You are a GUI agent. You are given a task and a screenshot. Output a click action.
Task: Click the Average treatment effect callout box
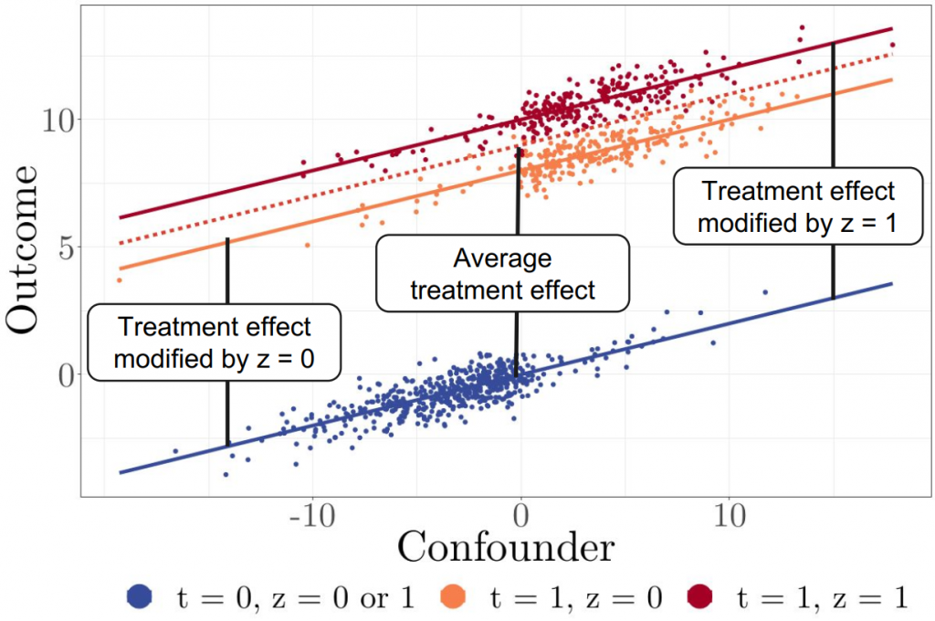pos(503,274)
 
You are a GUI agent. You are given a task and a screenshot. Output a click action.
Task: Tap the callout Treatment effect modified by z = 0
pos(215,342)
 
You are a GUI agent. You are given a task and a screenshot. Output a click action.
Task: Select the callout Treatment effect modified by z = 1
pos(799,205)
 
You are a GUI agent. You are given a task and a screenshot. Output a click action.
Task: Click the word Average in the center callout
pos(502,258)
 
